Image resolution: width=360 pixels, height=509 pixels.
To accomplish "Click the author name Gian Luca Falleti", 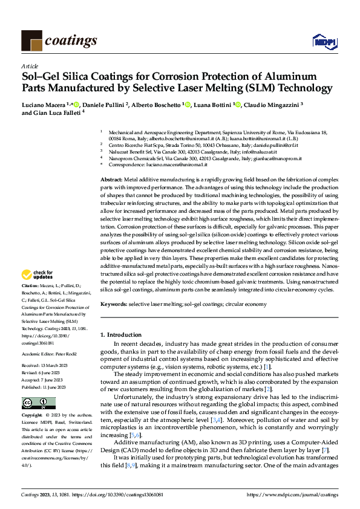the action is click(58, 112).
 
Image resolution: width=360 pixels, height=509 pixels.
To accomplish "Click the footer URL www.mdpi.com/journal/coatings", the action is click(300, 494).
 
